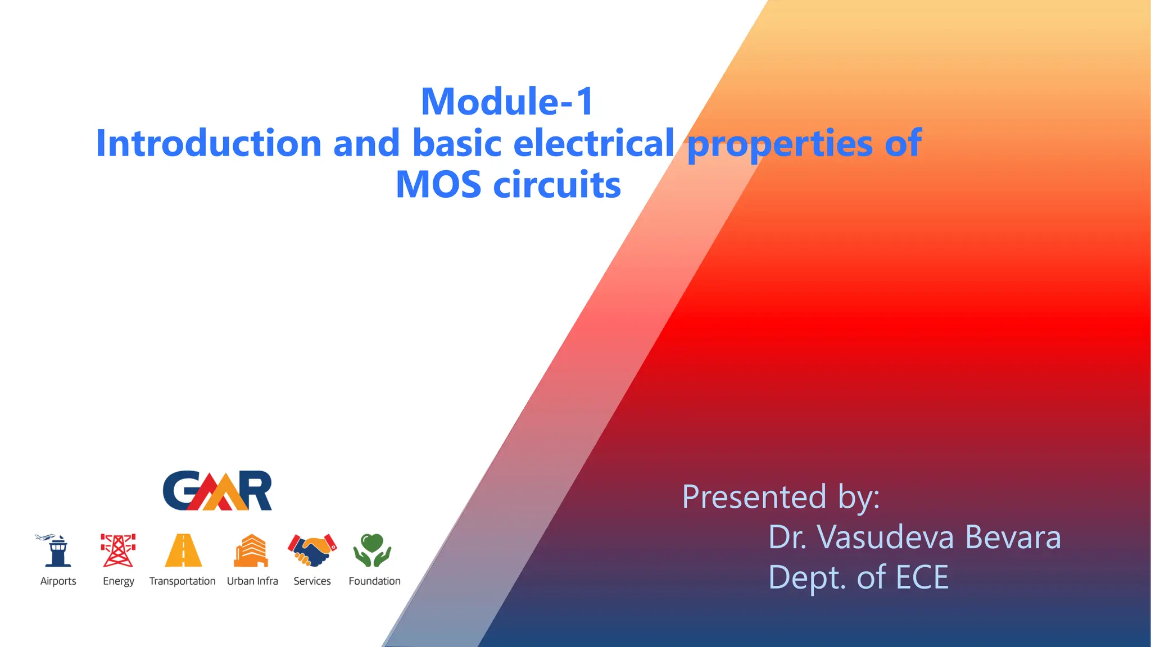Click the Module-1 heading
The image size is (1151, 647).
(x=507, y=102)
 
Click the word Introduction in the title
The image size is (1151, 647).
(x=209, y=143)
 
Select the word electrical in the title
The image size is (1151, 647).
(x=593, y=143)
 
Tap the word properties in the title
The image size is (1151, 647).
(x=780, y=144)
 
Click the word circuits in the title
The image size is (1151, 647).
(x=556, y=185)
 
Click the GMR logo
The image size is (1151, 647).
(x=217, y=491)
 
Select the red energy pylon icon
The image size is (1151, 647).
(x=118, y=550)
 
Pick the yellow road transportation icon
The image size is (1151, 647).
(x=183, y=550)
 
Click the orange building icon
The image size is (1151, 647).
(x=251, y=550)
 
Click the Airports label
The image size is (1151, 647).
(x=58, y=581)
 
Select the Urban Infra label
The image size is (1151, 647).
(x=252, y=581)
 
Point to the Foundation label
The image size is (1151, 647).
(x=374, y=581)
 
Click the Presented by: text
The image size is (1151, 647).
(x=781, y=498)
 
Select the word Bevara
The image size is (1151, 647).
(x=1013, y=537)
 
